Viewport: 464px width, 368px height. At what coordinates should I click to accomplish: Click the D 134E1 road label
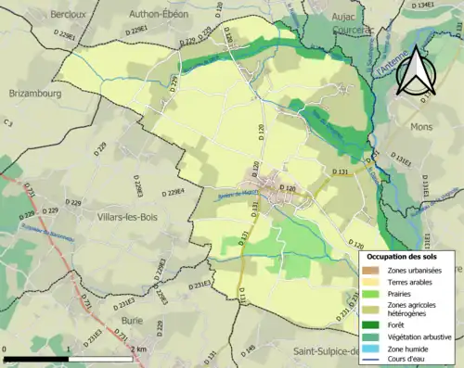[x=424, y=6]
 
